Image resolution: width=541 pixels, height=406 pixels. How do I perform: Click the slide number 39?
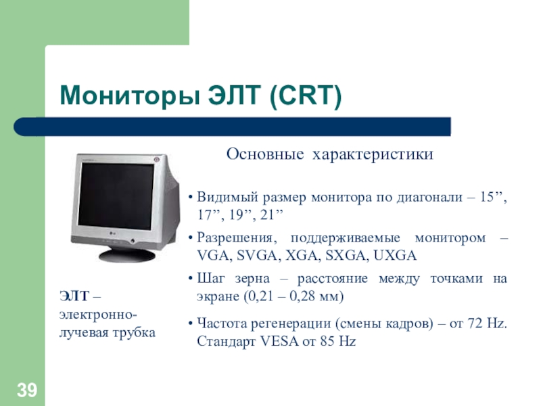click(27, 390)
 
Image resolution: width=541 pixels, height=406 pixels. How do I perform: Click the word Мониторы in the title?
click(130, 96)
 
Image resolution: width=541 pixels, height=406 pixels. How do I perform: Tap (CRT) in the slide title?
click(305, 95)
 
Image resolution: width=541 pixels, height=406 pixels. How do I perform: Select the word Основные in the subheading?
click(265, 154)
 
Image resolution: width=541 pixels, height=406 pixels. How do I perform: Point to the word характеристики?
click(373, 154)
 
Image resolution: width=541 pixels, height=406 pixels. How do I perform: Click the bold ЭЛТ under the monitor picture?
click(74, 296)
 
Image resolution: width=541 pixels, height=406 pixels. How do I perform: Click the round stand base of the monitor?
click(127, 255)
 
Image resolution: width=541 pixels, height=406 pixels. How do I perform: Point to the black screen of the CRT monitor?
click(116, 196)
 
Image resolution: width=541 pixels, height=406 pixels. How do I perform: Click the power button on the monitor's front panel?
click(133, 241)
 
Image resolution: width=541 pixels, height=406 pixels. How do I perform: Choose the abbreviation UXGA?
click(395, 256)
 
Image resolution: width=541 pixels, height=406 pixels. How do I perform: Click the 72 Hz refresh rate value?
click(487, 323)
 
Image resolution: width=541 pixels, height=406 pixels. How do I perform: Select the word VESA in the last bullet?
click(279, 342)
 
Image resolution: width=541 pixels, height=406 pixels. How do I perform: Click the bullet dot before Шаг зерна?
click(190, 279)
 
